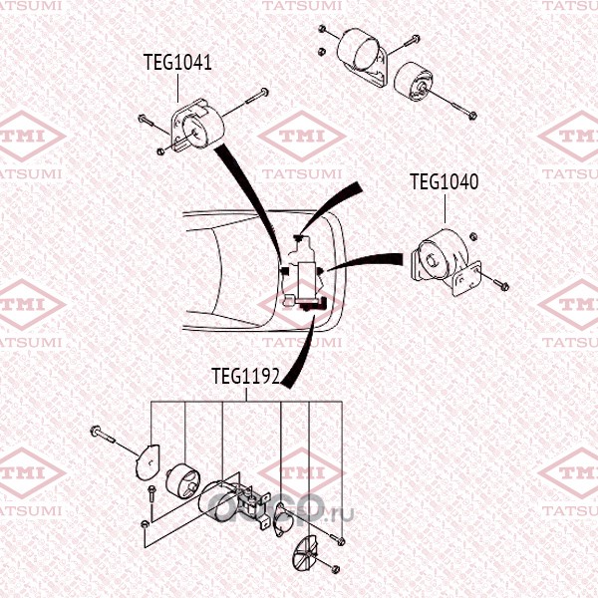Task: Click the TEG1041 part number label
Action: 177,62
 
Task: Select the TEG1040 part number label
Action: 444,182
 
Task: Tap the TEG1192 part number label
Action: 246,377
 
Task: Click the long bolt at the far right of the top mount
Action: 450,103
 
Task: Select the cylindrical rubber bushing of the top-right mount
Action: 411,81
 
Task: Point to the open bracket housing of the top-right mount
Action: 363,57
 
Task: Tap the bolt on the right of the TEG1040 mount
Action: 494,280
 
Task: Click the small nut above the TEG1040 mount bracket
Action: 472,236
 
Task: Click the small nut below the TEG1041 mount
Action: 160,151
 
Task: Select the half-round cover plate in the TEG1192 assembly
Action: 148,461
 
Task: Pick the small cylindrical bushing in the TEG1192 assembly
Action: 183,480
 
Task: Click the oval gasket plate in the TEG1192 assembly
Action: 283,518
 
